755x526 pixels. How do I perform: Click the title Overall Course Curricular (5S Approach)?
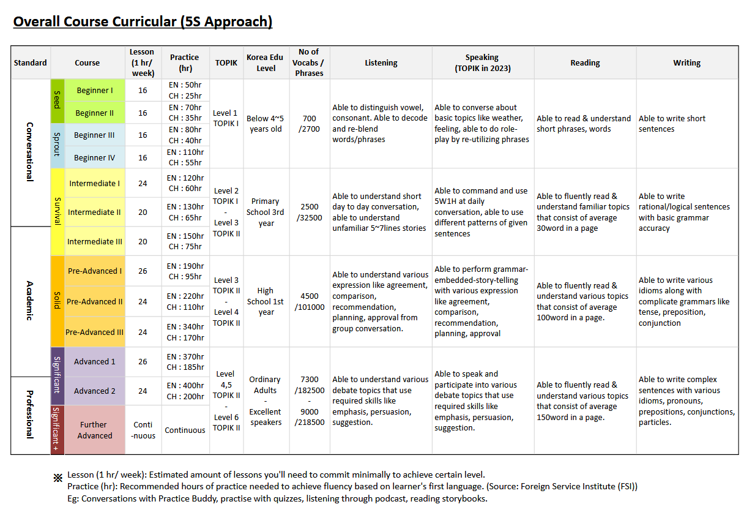tap(143, 22)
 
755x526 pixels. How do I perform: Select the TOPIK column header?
tap(226, 62)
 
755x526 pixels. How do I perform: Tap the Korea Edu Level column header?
tap(266, 62)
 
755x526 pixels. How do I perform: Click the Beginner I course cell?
tap(94, 91)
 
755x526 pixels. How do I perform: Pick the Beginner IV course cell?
tap(94, 157)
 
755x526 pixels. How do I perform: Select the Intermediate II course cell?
tap(94, 212)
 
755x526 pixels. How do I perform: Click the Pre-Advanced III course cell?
tap(94, 332)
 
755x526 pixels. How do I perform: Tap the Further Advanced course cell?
tap(94, 430)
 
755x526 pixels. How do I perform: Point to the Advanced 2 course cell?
tap(94, 391)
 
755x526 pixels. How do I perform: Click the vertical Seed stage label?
tap(57, 101)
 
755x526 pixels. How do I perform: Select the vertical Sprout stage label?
tap(57, 145)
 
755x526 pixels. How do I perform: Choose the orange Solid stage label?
tap(57, 301)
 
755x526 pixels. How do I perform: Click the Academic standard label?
tap(29, 301)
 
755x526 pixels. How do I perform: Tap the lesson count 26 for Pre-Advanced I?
tap(143, 271)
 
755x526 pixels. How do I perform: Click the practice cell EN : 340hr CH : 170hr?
tap(185, 332)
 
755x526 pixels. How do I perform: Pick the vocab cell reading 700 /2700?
tap(309, 124)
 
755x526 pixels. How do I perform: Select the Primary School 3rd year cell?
tap(266, 212)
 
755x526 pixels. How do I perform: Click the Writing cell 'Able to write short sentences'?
tap(672, 124)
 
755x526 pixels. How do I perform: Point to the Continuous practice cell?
tap(185, 430)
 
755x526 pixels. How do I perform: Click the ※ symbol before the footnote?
tap(58, 478)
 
